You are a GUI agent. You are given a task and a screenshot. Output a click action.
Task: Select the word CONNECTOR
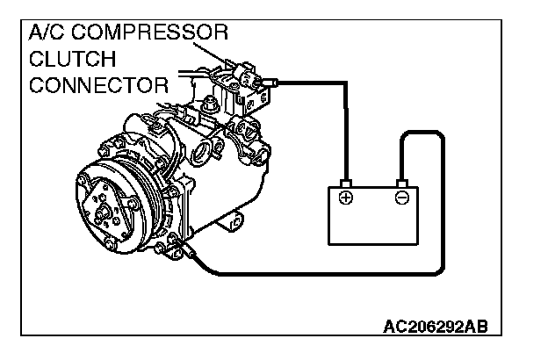[x=97, y=85]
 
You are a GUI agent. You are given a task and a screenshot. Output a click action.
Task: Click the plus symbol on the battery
[x=346, y=198]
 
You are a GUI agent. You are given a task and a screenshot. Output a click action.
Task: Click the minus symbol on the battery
[x=401, y=198]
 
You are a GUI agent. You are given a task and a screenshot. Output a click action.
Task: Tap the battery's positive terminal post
[x=346, y=182]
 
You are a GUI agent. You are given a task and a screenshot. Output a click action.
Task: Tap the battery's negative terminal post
[x=401, y=182]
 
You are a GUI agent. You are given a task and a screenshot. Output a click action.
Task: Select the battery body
[x=374, y=220]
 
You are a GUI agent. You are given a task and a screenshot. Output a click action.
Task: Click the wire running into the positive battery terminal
[x=346, y=132]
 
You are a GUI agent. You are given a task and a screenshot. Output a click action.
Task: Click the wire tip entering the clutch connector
[x=271, y=83]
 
